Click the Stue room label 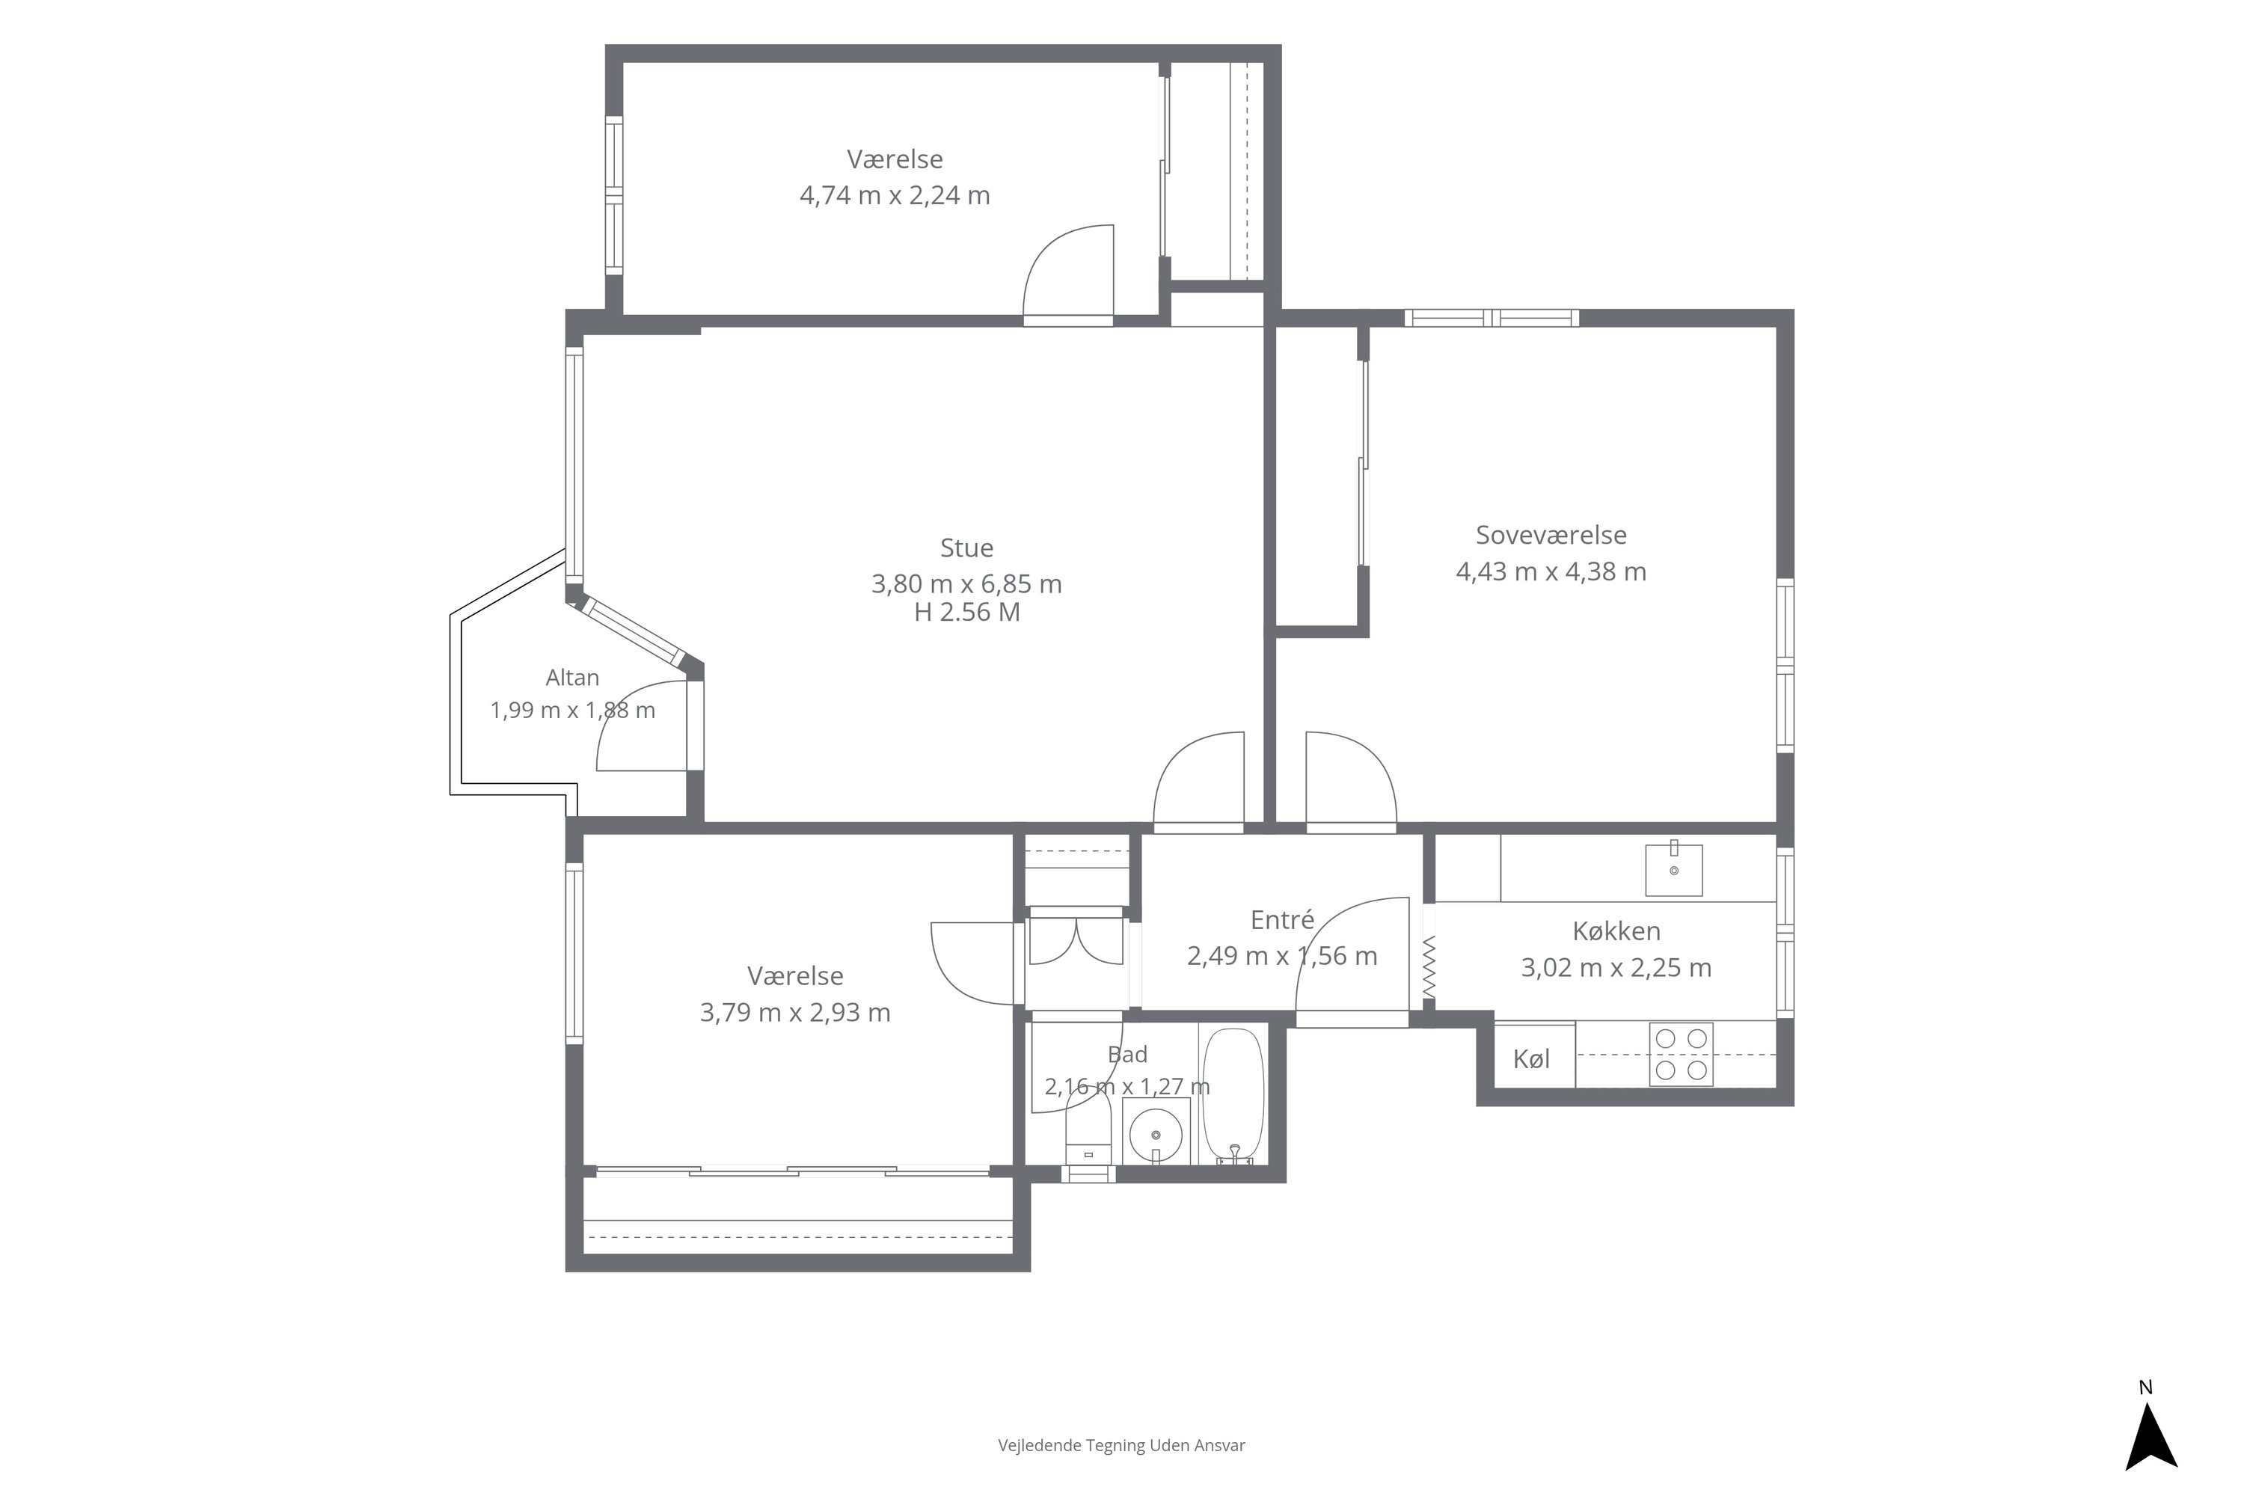click(966, 548)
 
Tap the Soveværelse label click(1551, 536)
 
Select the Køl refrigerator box click(1534, 1055)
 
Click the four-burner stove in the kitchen click(1681, 1054)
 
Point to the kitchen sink click(1673, 870)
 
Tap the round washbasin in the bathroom click(1156, 1135)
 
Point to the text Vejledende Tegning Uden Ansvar click(1121, 1445)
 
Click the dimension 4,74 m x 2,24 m click(895, 195)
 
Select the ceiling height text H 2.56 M click(967, 613)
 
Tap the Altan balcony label click(572, 678)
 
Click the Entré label click(1282, 920)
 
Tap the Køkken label click(1616, 931)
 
